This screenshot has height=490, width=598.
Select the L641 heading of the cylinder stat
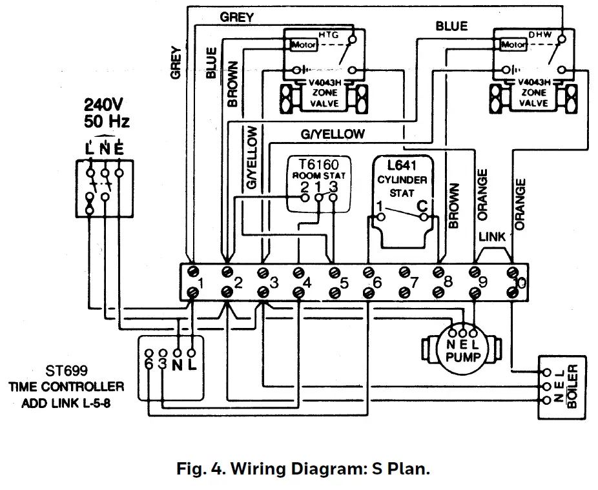click(400, 167)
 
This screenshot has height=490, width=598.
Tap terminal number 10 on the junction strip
click(517, 282)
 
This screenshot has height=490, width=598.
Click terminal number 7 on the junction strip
click(414, 282)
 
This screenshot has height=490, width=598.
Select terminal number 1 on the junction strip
click(201, 282)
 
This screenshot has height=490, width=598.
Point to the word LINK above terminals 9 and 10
click(492, 237)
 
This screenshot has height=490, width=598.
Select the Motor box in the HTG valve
click(304, 46)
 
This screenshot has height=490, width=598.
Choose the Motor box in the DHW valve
click(513, 46)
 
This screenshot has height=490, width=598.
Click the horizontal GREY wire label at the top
click(236, 17)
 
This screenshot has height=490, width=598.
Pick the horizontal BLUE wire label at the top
click(451, 26)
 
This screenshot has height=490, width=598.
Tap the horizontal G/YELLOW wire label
click(333, 134)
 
